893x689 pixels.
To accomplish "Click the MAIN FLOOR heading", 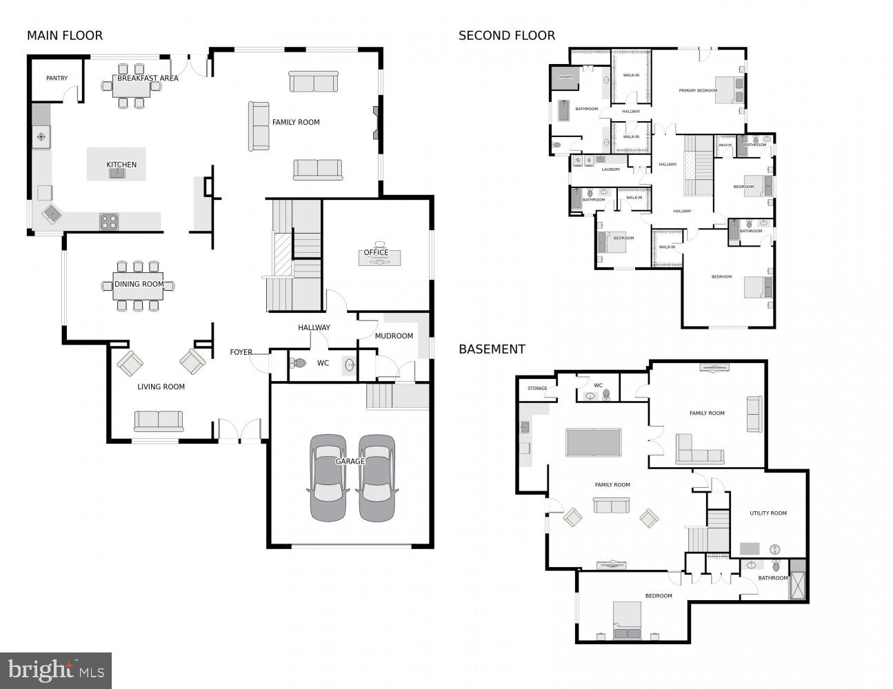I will coord(65,36).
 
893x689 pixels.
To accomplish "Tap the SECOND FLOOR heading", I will coord(506,36).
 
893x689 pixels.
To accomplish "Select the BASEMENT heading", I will coord(492,349).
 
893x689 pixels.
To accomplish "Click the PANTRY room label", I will coord(57,79).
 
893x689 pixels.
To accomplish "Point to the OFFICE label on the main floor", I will coord(376,253).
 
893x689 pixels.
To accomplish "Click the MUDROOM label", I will coord(394,336).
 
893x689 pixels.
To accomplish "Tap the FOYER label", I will coord(241,353).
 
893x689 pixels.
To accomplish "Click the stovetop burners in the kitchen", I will coord(109,221).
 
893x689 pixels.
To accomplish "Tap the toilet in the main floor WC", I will coord(299,363).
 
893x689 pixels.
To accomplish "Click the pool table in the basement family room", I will coord(593,442).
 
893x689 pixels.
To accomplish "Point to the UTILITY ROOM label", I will coord(767,513).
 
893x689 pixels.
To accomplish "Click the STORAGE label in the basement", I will coord(537,389).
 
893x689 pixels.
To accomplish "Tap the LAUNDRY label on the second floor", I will coord(610,169).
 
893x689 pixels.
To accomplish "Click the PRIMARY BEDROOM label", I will coord(697,90).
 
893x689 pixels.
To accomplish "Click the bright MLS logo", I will coord(56,670).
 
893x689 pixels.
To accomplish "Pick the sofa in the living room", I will coord(159,420).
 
